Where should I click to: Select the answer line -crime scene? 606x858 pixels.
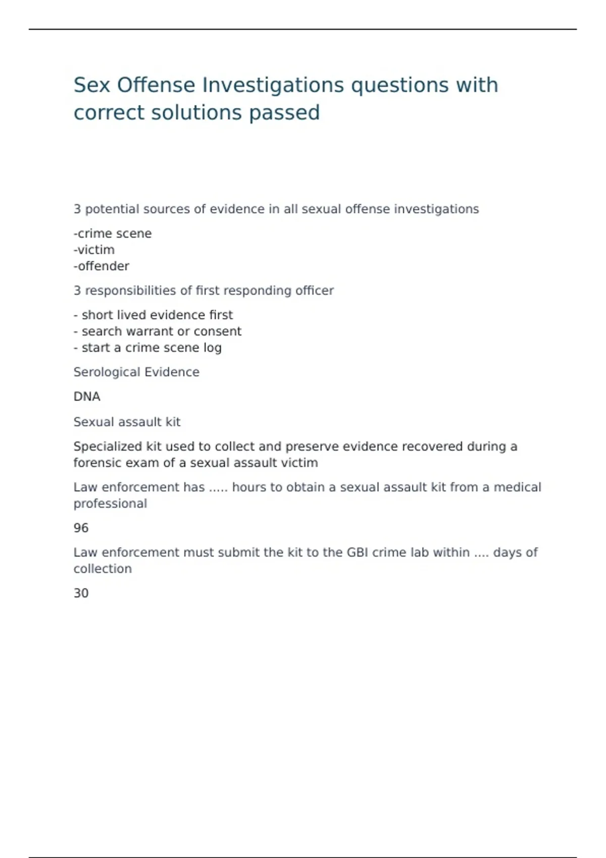pos(113,234)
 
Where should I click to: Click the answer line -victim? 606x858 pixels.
pos(94,250)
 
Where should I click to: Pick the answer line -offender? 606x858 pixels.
pos(102,266)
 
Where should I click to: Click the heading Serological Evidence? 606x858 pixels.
pos(136,372)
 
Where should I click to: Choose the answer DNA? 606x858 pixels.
pos(87,397)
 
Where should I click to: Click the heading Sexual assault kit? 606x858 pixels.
pos(127,422)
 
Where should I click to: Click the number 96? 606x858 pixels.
pos(81,528)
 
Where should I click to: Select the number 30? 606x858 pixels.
pos(81,593)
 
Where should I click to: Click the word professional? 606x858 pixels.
pos(110,504)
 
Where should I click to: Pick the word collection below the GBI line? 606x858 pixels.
pos(103,569)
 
